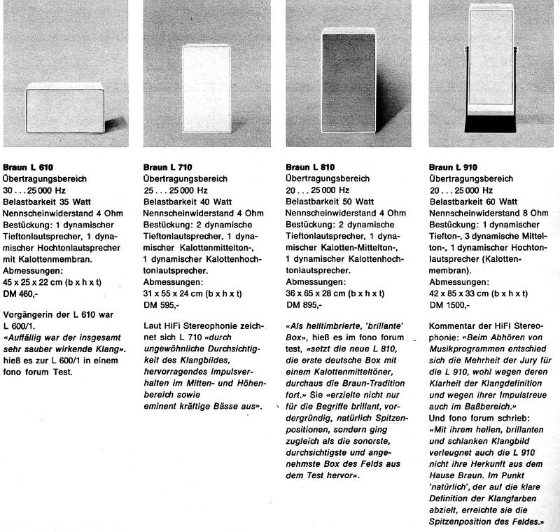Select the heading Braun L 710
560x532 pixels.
(x=167, y=167)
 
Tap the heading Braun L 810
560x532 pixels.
(x=310, y=167)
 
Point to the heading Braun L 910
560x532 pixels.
(x=452, y=167)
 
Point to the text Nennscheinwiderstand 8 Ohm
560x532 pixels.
(x=488, y=213)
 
